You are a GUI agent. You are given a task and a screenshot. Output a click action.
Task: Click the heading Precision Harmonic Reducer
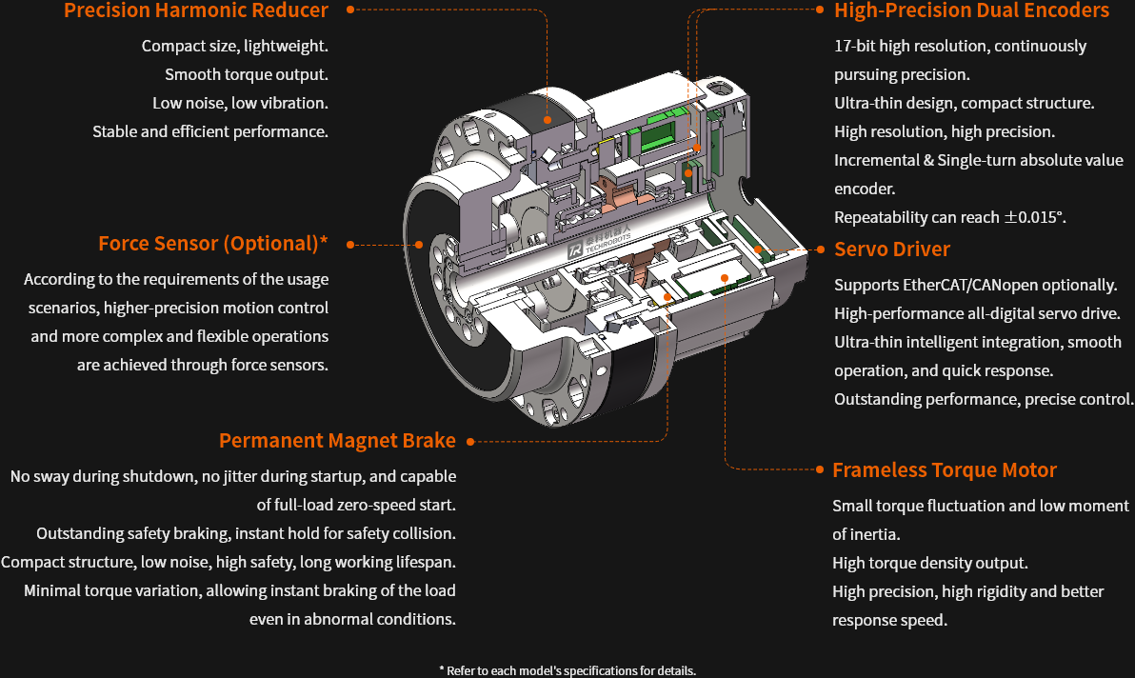click(196, 10)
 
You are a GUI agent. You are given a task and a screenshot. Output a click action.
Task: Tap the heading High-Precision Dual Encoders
click(971, 10)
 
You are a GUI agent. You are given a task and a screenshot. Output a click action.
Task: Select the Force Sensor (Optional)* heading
click(212, 244)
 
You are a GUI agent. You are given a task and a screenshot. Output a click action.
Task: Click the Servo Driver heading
click(892, 249)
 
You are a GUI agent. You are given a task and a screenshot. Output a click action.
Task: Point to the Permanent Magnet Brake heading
click(337, 441)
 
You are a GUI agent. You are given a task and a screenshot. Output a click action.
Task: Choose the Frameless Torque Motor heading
click(945, 470)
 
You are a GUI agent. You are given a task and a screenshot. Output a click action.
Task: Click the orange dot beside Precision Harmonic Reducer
click(350, 10)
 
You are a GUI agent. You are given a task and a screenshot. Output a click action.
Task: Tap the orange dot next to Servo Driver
click(820, 249)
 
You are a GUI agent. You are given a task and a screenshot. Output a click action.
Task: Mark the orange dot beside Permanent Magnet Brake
click(470, 442)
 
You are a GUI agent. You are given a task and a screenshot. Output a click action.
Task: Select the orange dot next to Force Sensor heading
click(350, 245)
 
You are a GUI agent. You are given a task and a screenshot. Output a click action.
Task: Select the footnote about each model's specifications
click(567, 670)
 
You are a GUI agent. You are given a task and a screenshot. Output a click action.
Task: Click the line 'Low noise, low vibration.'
click(240, 103)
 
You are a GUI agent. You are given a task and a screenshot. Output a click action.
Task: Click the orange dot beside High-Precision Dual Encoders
click(820, 10)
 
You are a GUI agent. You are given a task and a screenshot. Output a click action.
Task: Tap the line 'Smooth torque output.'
click(246, 74)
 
